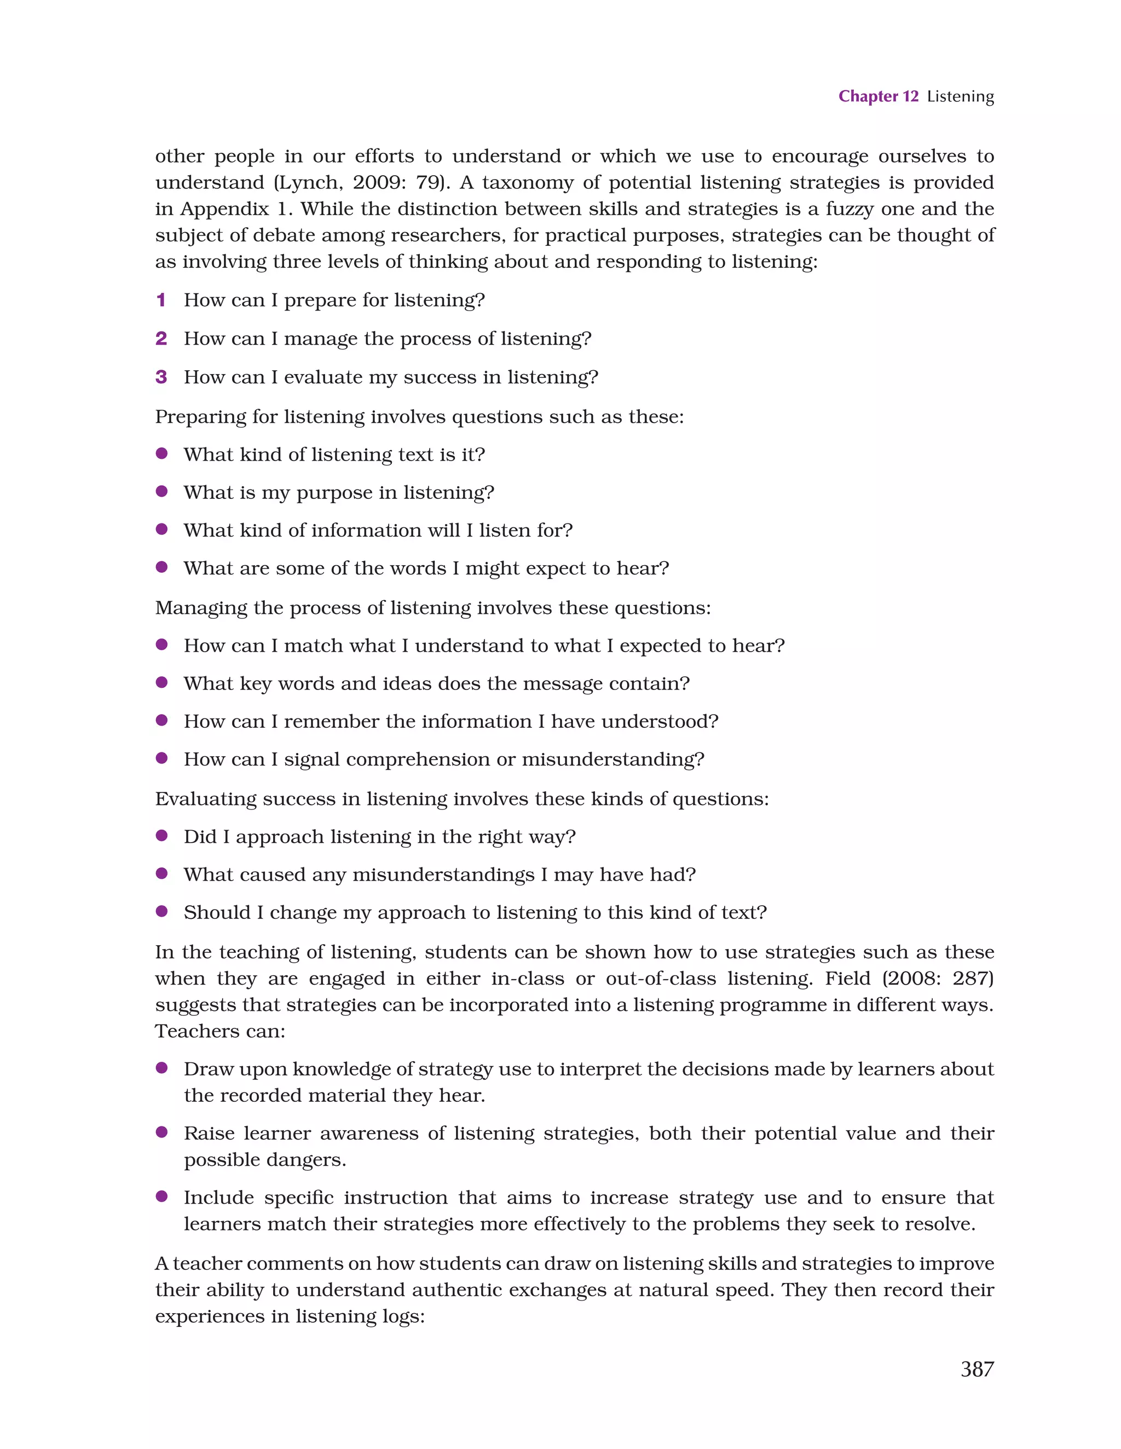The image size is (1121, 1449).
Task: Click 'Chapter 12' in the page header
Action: tap(877, 96)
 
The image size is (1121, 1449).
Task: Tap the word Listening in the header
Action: tap(960, 97)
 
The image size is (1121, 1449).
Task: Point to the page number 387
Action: tap(976, 1369)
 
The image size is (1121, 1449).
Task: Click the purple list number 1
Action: tap(160, 300)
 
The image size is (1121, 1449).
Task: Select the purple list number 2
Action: tap(161, 338)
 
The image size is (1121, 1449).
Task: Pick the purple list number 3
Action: tap(161, 377)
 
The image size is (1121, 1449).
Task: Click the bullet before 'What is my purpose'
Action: tap(161, 492)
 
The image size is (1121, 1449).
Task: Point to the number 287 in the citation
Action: tap(971, 979)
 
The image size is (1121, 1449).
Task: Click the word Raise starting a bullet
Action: tap(209, 1133)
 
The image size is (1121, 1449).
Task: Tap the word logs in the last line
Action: tap(401, 1316)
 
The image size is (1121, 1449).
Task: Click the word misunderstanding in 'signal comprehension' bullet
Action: tap(612, 759)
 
